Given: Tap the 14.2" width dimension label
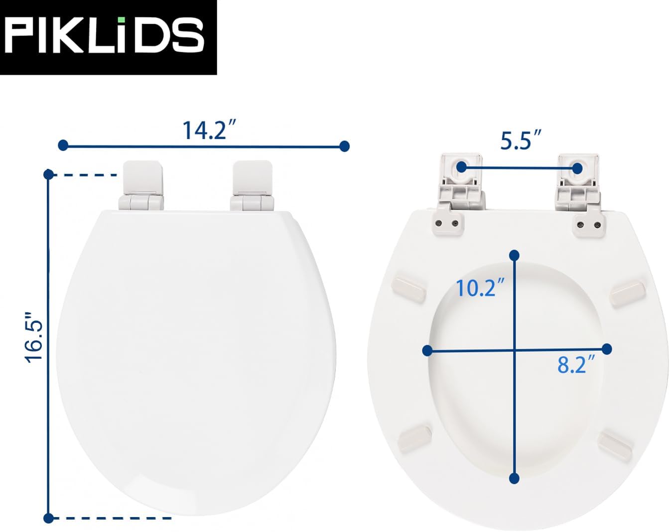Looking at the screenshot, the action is click(209, 130).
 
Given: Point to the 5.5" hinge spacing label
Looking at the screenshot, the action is click(521, 140).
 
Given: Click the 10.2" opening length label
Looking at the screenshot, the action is click(480, 287).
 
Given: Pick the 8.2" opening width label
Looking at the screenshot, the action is click(576, 365).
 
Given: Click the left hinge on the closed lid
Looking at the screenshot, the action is click(141, 185).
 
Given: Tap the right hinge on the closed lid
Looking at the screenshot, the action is click(253, 185).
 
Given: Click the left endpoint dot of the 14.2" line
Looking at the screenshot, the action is click(63, 145).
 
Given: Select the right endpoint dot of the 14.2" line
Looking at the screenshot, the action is click(344, 146).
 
